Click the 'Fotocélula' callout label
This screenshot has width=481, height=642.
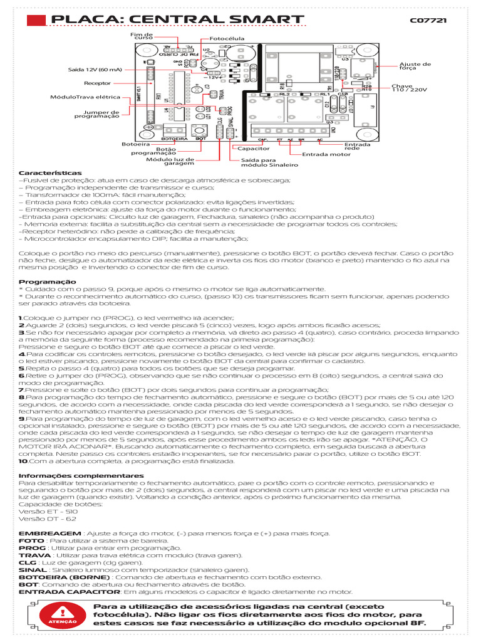227,38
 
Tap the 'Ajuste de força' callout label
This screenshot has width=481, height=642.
415,66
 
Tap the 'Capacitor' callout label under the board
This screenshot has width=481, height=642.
252,149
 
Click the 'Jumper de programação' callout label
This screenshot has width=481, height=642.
96,114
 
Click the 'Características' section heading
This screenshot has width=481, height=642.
50,172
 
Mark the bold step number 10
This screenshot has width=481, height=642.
24,461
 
